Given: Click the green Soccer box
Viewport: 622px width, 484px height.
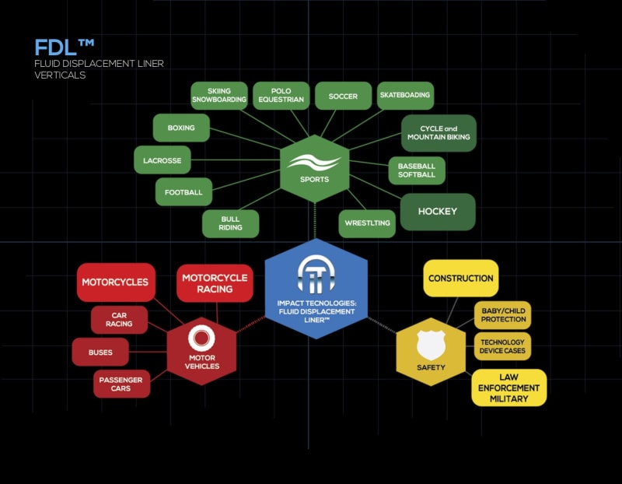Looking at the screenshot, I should [343, 96].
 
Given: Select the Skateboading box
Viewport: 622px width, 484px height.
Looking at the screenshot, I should [404, 95].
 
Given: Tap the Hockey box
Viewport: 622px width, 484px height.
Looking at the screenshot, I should [437, 211].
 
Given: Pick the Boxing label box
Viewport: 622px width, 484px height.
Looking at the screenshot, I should [181, 128].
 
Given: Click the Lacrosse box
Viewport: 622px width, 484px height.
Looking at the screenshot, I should [162, 160].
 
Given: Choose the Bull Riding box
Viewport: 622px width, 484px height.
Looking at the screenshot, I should [230, 223].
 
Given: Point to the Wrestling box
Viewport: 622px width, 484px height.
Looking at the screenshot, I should [367, 223].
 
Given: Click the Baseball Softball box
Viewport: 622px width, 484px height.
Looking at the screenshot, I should [417, 170].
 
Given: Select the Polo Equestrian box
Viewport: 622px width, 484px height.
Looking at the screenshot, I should [281, 95].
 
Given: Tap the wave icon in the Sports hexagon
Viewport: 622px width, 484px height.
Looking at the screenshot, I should [313, 163].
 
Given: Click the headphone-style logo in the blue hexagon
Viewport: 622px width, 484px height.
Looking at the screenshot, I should [316, 272].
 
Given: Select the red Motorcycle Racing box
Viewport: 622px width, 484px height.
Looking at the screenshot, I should [215, 283].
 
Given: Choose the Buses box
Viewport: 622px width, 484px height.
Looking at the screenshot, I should [100, 352].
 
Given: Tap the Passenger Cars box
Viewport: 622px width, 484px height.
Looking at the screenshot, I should [122, 384].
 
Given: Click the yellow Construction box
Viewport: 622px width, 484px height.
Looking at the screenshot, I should [460, 278].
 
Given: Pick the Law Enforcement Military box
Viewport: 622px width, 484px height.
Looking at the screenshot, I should [509, 388].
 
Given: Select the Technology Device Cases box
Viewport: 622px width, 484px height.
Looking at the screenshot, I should [502, 346].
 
